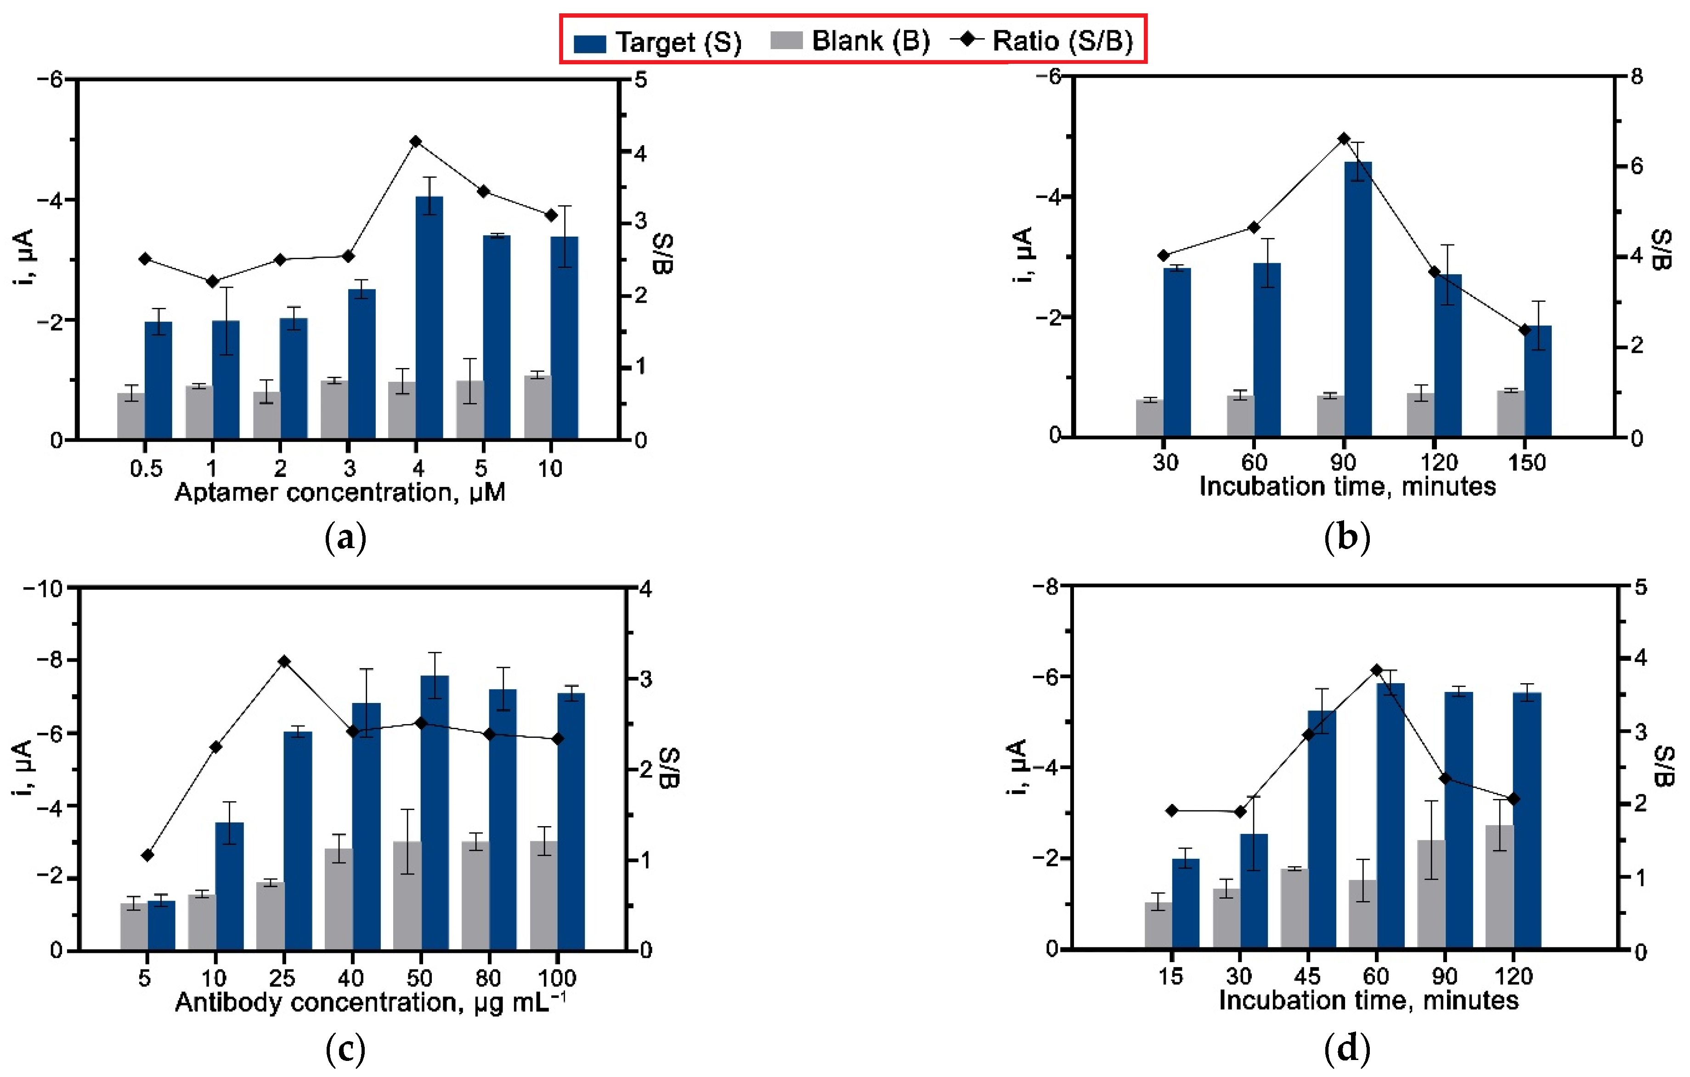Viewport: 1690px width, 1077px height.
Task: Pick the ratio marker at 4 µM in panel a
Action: coord(415,142)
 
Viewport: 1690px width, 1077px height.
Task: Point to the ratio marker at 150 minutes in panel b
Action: coord(1524,330)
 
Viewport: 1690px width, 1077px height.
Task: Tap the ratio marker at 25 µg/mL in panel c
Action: coord(284,661)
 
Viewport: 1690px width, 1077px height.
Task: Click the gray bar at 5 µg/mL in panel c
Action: coord(133,927)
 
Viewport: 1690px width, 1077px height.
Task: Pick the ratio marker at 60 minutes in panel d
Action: coord(1376,670)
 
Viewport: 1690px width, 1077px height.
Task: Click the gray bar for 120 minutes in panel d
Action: coord(1499,887)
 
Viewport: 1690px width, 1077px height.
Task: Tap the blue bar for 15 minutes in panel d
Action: coord(1185,904)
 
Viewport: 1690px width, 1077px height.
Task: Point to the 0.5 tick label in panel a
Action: coord(146,468)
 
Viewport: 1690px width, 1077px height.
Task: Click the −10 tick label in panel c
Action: coord(44,588)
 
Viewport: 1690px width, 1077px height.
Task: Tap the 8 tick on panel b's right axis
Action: coord(1637,77)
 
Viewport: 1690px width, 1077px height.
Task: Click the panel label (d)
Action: coord(1346,1049)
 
